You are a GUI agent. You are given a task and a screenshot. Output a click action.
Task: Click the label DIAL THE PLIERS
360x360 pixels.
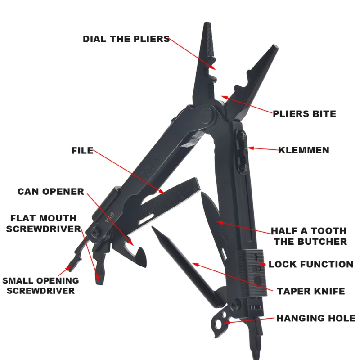point(126,39)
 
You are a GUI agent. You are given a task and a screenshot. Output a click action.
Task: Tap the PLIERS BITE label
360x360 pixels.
point(304,114)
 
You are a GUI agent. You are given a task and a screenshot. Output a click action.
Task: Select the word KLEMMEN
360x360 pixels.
point(303,150)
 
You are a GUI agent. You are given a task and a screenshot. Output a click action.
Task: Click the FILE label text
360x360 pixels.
point(82,150)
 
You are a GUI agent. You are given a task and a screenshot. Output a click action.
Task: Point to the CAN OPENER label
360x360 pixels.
point(51,192)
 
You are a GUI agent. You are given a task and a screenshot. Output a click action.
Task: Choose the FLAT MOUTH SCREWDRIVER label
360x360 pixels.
point(43,224)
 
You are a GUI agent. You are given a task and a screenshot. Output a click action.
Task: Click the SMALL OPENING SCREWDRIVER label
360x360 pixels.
point(40,285)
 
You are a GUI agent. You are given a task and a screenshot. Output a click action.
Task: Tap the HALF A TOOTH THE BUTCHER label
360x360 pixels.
point(308,236)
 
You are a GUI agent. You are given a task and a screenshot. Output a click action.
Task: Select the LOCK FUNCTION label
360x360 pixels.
point(310,264)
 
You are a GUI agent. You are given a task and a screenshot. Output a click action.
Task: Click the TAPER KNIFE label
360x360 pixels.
point(310,291)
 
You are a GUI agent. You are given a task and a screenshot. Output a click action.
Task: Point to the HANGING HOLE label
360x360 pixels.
point(315,318)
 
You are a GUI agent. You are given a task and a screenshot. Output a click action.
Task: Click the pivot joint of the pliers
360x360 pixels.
point(207,115)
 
